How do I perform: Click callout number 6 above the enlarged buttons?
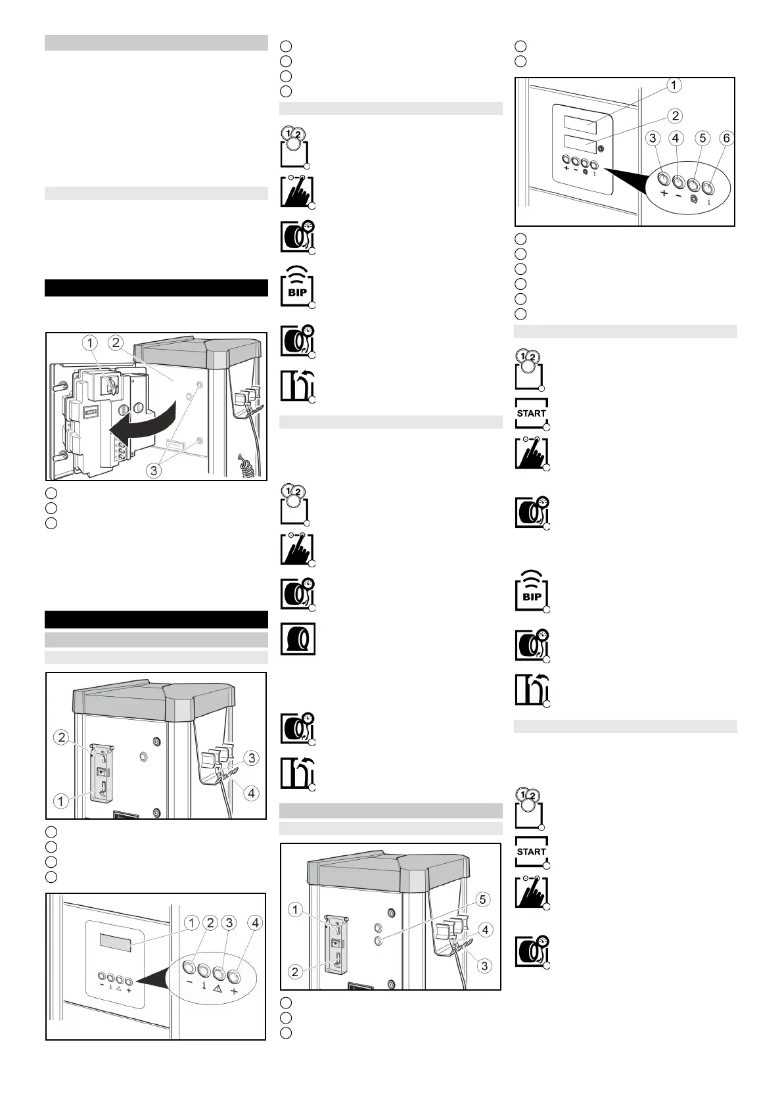coord(726,138)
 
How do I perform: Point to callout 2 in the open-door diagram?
coord(116,342)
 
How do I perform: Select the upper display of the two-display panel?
coord(580,124)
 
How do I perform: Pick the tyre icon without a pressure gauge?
coord(298,639)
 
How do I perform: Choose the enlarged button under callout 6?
coord(708,187)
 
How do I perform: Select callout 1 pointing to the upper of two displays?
coord(674,85)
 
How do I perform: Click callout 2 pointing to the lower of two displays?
coord(675,116)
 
